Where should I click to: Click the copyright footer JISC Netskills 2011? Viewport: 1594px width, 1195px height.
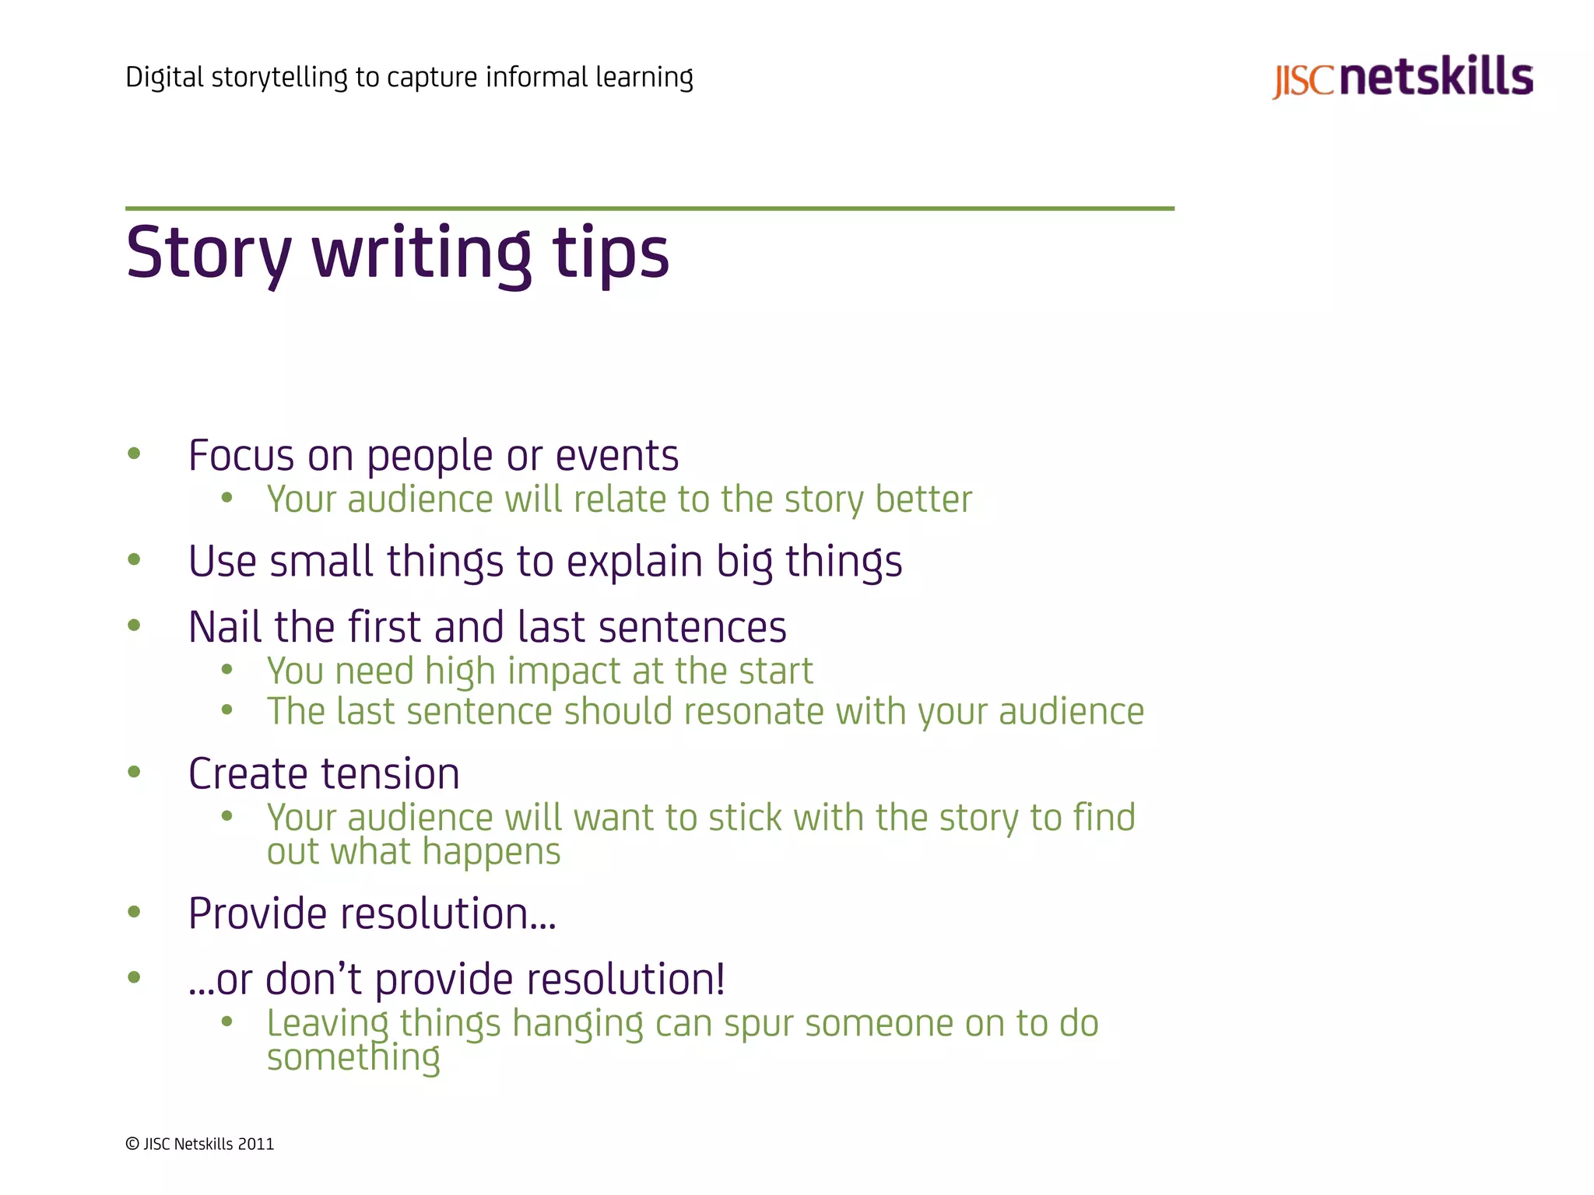[x=200, y=1144]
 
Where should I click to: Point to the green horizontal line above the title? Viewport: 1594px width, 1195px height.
[x=649, y=209]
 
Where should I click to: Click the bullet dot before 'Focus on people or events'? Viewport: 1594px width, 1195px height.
[x=134, y=454]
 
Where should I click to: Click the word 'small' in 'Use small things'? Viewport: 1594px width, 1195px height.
[x=321, y=561]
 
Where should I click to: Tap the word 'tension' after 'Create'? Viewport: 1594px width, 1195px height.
[x=390, y=774]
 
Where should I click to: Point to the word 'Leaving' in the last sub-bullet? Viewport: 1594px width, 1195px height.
[x=327, y=1024]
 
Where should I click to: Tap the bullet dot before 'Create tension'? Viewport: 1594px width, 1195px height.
[x=134, y=772]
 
